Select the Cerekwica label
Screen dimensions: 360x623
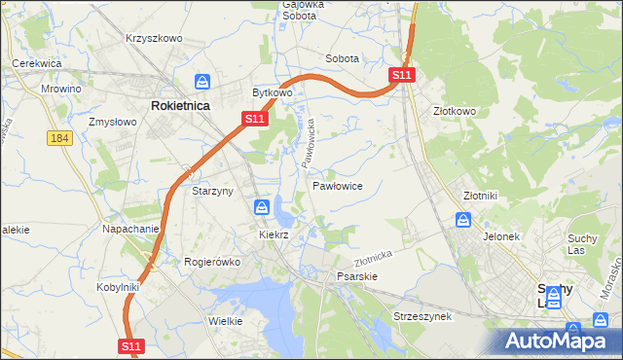point(37,63)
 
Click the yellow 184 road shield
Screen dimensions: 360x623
point(59,139)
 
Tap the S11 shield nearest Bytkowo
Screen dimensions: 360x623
point(253,119)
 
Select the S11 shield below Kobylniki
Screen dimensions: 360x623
point(133,345)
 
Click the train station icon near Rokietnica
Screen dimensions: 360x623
point(202,82)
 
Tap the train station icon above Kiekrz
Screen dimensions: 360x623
point(262,206)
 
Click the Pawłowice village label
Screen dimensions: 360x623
point(338,185)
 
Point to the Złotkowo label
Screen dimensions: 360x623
point(455,111)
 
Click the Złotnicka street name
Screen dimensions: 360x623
point(372,257)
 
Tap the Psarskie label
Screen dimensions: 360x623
point(356,276)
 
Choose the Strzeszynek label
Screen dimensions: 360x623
point(421,317)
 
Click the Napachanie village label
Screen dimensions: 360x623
point(130,230)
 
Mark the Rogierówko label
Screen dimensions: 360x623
point(211,262)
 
